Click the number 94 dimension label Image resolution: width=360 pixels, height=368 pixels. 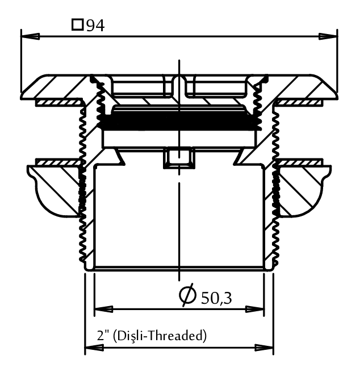95,26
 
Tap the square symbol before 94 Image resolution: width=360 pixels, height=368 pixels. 77,25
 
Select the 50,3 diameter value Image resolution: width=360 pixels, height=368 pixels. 216,298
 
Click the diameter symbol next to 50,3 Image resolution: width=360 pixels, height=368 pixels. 188,295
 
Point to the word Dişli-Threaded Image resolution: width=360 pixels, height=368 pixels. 160,336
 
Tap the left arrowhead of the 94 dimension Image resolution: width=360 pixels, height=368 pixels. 30,36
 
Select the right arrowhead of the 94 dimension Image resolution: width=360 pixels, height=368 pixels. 328,36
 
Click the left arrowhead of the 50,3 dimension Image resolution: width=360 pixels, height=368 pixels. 103,309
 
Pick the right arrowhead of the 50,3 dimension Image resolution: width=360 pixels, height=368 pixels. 254,309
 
